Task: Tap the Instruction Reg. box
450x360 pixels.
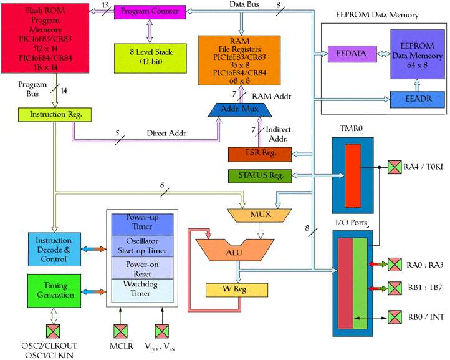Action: click(x=56, y=115)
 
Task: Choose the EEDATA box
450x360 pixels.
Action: click(x=348, y=54)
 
